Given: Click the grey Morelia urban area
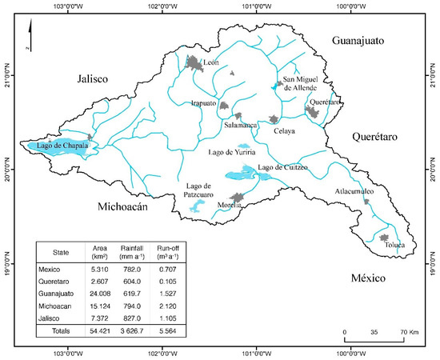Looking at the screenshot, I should point(237,198).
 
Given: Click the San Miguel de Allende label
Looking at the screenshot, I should point(300,83).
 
